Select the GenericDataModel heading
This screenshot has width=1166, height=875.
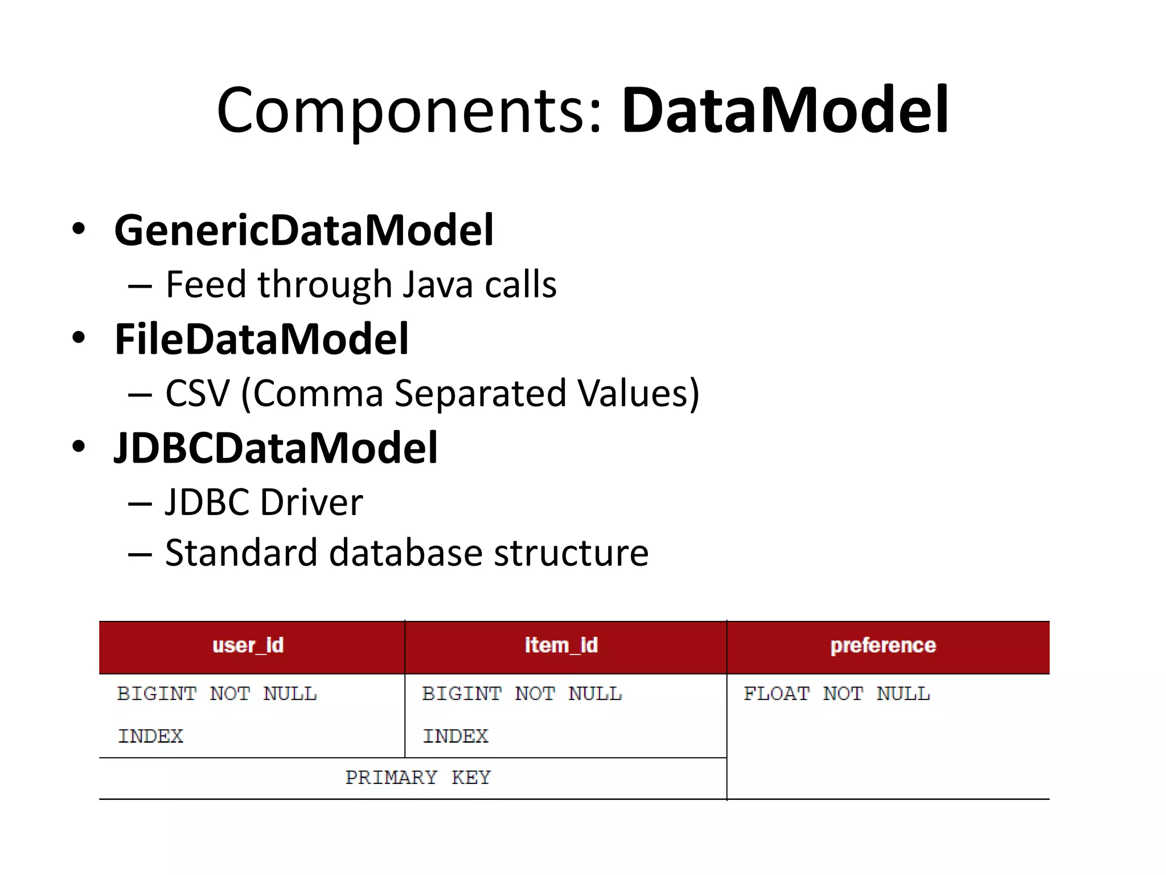click(x=304, y=230)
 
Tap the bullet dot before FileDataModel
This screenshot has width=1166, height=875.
click(x=79, y=338)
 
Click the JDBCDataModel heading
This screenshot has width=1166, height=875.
click(x=276, y=448)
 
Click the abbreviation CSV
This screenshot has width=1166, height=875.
click(x=197, y=393)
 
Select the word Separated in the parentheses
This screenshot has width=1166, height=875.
click(x=480, y=393)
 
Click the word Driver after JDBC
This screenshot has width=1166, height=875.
click(x=311, y=502)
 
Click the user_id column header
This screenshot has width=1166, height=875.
click(x=248, y=645)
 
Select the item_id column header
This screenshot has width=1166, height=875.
click(x=561, y=645)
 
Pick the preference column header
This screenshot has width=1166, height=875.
click(x=883, y=645)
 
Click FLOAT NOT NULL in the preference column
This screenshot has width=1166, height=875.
click(x=836, y=694)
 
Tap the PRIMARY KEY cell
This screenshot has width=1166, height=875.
click(x=418, y=778)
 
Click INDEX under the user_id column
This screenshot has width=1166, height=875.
click(x=151, y=737)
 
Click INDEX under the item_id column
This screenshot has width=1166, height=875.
click(x=455, y=737)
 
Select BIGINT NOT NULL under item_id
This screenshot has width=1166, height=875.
click(x=522, y=694)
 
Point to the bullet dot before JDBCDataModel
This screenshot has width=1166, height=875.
click(x=79, y=447)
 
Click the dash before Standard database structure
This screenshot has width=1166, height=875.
click(x=140, y=554)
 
